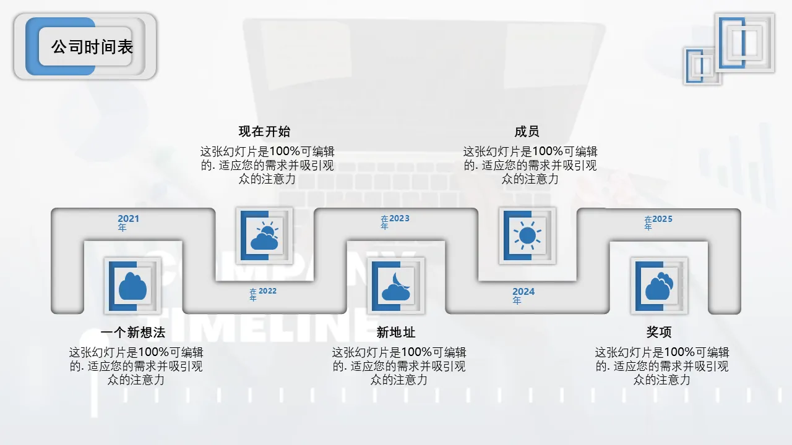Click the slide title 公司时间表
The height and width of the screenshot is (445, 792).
pyautogui.click(x=92, y=47)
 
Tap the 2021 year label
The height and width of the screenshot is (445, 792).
pyautogui.click(x=128, y=223)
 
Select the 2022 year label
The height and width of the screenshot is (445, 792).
pyautogui.click(x=263, y=294)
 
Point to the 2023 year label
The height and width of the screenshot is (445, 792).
pyautogui.click(x=395, y=222)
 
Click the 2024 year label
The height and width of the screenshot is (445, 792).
pyautogui.click(x=523, y=296)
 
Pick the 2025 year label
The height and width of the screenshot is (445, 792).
pyautogui.click(x=658, y=222)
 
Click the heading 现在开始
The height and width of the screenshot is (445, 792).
pyautogui.click(x=264, y=132)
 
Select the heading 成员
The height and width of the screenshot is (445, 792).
pyautogui.click(x=527, y=132)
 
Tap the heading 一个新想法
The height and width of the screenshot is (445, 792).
pyautogui.click(x=133, y=333)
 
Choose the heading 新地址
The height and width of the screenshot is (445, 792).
pyautogui.click(x=395, y=333)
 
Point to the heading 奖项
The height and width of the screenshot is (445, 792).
pyautogui.click(x=659, y=332)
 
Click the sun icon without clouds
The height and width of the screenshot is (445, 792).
pyautogui.click(x=528, y=235)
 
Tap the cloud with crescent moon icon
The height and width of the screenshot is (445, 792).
pyautogui.click(x=396, y=286)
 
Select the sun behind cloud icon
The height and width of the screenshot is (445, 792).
pyautogui.click(x=264, y=235)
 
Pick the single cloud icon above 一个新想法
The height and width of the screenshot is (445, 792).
pyautogui.click(x=132, y=286)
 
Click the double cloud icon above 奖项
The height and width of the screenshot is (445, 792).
pyautogui.click(x=659, y=286)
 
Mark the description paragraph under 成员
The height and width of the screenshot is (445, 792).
pyautogui.click(x=530, y=165)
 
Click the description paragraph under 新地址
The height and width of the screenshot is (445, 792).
pyautogui.click(x=399, y=366)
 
